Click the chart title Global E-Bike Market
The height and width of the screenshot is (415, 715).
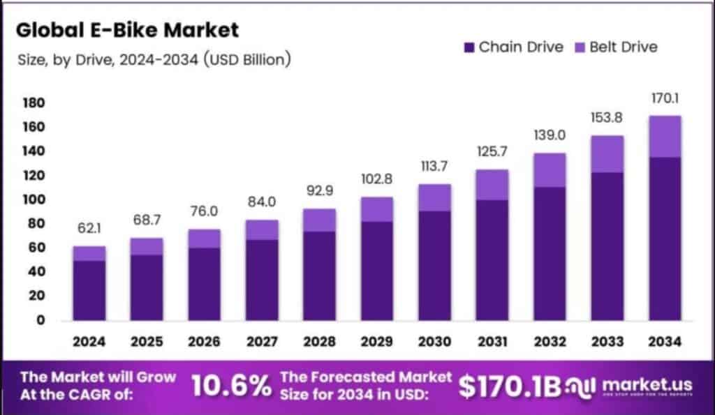click(127, 30)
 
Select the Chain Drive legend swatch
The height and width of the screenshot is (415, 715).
click(468, 47)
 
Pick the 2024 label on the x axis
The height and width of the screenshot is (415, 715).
click(89, 342)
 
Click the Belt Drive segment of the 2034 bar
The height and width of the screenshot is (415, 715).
click(664, 137)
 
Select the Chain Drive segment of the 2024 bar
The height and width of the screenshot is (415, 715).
click(89, 290)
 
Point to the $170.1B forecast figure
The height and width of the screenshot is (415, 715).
click(510, 386)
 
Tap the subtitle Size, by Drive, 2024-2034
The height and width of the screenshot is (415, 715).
click(154, 60)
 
